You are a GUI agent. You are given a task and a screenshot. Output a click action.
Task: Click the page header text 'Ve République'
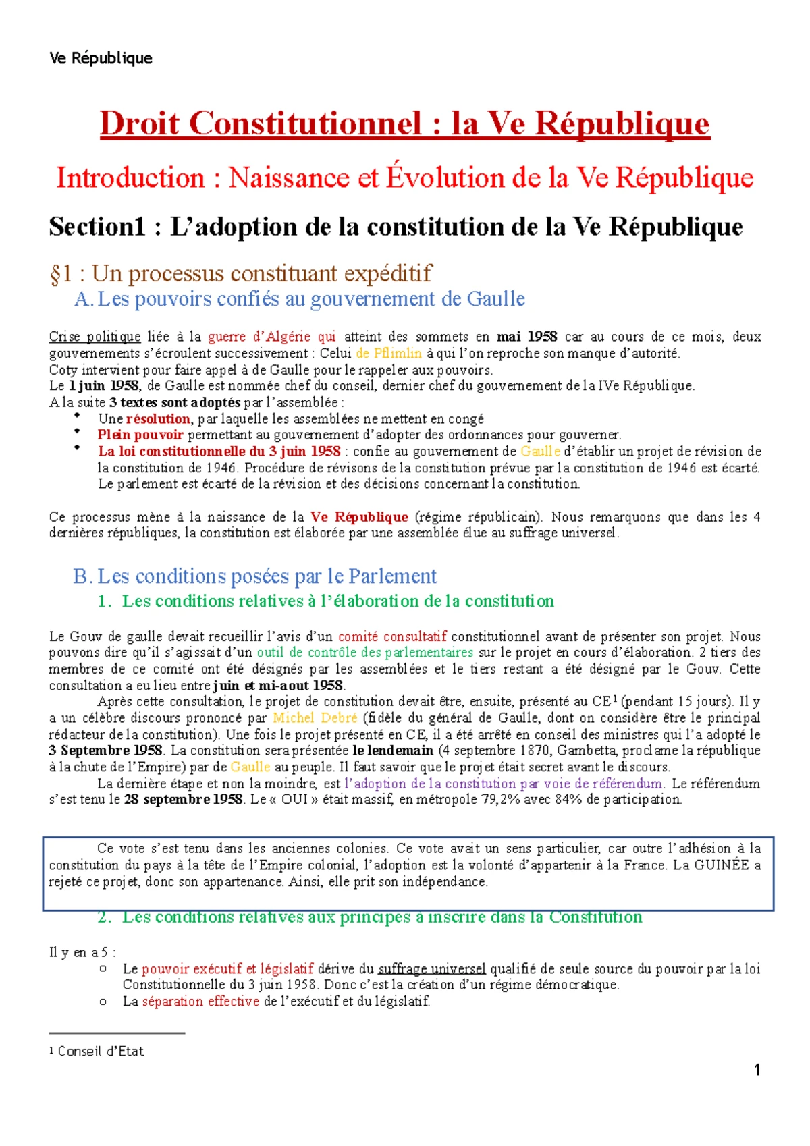click(x=101, y=59)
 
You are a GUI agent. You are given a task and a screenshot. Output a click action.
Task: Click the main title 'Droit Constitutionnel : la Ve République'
click(x=404, y=124)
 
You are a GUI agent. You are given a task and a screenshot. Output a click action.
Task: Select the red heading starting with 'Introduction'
click(x=404, y=178)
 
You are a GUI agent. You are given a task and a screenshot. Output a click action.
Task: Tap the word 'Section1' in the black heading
click(x=97, y=227)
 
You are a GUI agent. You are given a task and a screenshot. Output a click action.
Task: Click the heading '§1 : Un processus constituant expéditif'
click(x=240, y=273)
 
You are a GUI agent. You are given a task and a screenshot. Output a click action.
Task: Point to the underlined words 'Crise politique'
click(x=94, y=337)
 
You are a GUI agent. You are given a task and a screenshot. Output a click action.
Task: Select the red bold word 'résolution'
click(x=158, y=419)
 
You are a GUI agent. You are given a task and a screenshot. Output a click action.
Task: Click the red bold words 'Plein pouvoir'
click(x=140, y=435)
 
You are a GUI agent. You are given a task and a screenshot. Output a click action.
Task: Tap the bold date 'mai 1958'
click(x=526, y=337)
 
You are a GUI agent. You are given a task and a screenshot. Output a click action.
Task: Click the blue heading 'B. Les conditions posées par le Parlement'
click(x=255, y=576)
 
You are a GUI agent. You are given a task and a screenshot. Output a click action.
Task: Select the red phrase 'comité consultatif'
click(x=392, y=636)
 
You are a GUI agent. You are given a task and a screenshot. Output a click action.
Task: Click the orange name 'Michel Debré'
click(x=315, y=718)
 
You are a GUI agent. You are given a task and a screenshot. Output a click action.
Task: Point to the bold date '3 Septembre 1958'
click(x=106, y=751)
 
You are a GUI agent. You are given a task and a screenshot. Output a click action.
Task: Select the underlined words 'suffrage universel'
click(x=432, y=969)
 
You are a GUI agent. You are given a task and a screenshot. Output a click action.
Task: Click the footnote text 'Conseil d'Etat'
click(x=101, y=1051)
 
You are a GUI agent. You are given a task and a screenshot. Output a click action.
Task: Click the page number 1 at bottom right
click(x=757, y=1070)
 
